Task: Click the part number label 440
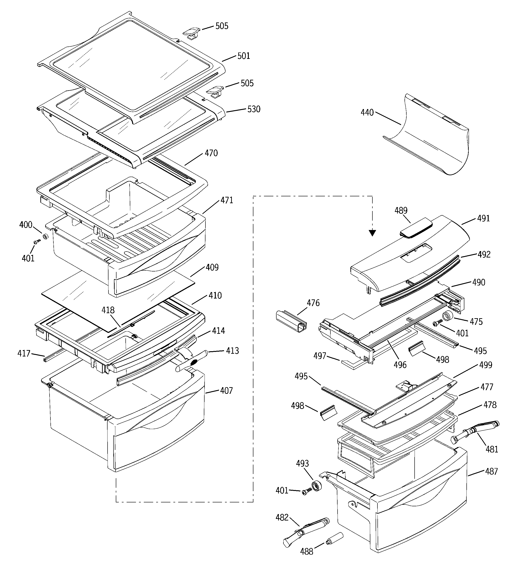(x=367, y=113)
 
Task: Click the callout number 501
(x=244, y=56)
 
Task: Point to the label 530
(x=254, y=109)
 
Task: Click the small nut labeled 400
(x=45, y=236)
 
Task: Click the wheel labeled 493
(x=316, y=486)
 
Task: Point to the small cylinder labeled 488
(x=334, y=538)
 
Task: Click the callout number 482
(x=282, y=517)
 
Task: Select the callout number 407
(x=226, y=390)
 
